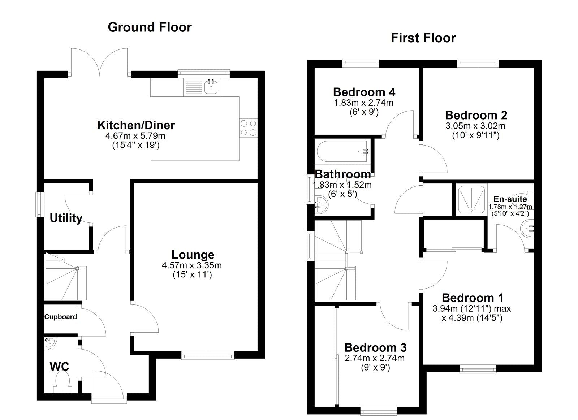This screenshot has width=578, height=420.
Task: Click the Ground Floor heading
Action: coord(150,27)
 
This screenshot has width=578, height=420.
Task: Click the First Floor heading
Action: coord(423,38)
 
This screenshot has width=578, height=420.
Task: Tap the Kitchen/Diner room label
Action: coord(136,125)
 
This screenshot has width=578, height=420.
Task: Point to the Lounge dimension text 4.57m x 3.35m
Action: coord(191,265)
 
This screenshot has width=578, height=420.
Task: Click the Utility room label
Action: coord(66,218)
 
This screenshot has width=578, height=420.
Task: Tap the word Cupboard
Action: coord(61,317)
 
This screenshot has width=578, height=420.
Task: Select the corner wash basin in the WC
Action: coord(49,343)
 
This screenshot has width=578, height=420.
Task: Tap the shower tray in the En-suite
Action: coord(471,200)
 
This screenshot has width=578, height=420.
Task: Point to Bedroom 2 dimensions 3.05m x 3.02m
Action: coord(475,126)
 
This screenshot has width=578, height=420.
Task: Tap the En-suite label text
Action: coord(510,199)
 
